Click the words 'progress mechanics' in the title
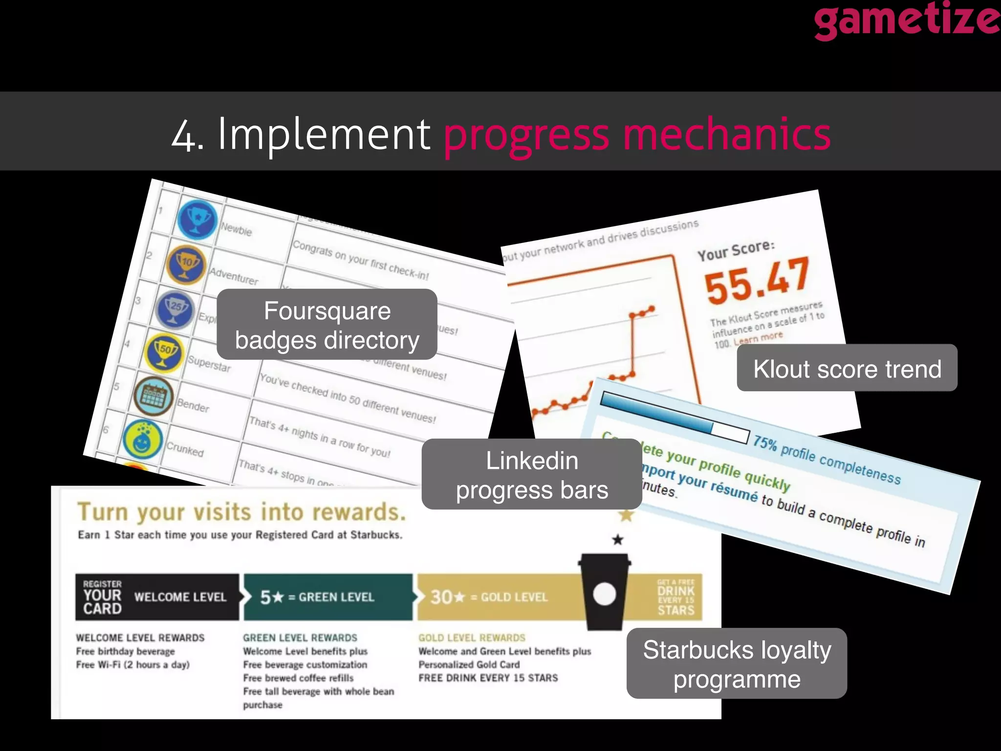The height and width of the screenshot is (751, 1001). point(637,134)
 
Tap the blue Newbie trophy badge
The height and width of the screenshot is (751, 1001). point(196,220)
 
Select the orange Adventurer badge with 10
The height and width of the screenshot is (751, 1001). point(186,265)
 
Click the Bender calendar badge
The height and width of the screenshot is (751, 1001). point(153,396)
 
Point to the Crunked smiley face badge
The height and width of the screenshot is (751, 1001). point(142,440)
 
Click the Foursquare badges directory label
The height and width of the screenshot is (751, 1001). point(326,325)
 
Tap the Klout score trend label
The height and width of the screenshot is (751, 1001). point(847,368)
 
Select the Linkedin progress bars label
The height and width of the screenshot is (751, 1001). point(532,474)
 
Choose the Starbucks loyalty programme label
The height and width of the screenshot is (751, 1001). point(737,663)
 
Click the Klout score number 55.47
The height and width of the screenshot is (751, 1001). point(757,281)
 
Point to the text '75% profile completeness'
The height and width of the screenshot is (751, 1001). point(826,460)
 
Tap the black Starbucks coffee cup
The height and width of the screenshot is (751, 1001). point(605,592)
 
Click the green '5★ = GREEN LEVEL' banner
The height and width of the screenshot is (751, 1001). point(328,597)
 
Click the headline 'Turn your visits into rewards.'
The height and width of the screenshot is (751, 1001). point(241,512)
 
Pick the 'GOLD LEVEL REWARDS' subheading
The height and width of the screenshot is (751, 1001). point(472,638)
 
